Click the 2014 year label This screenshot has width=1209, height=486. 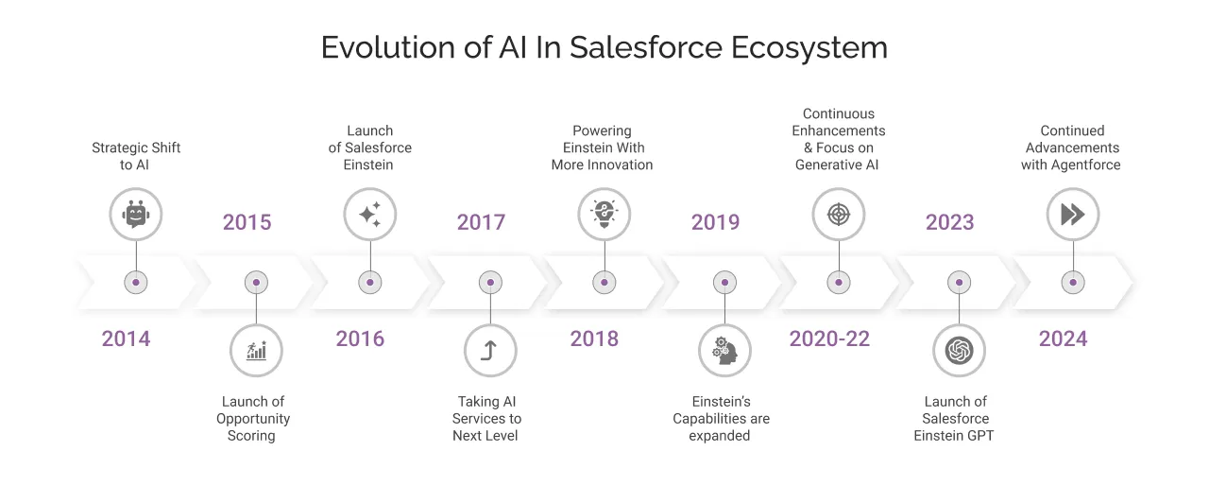(126, 338)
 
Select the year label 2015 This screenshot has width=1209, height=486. (247, 222)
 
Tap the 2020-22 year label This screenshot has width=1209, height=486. (829, 338)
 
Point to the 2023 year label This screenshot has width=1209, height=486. (949, 222)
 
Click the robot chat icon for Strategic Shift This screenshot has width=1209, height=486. (136, 214)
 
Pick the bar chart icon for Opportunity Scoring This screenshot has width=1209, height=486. (256, 351)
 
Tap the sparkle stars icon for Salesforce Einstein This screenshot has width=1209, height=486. (369, 214)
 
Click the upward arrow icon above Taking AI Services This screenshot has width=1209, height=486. (489, 351)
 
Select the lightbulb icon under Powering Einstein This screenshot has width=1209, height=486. (604, 214)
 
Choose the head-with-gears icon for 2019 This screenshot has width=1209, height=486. (724, 351)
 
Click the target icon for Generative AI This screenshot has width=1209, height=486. (838, 214)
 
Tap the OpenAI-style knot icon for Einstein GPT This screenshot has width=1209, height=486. (959, 351)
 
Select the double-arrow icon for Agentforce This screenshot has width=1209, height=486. (1072, 214)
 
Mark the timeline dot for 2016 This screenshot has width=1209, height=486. (369, 282)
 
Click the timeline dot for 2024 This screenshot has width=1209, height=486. (1072, 282)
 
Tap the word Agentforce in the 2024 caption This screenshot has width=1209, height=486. (1083, 165)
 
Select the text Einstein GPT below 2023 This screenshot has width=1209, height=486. (954, 436)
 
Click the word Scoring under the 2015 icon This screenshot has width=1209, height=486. (251, 436)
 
